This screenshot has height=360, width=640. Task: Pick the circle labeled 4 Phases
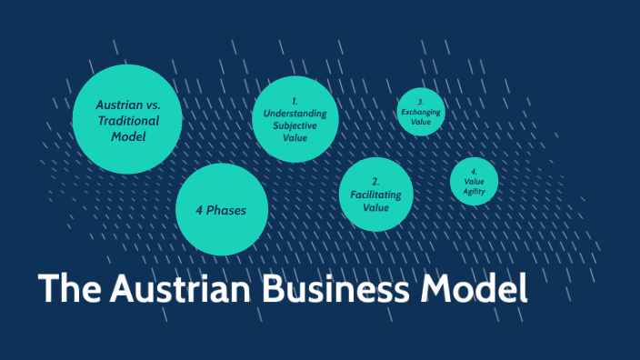222,210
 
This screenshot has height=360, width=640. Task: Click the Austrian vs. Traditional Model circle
127,119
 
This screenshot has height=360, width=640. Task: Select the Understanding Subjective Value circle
295,119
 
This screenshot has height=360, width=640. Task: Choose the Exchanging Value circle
421,112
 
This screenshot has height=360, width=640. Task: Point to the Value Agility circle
474,182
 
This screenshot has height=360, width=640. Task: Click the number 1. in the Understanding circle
295,100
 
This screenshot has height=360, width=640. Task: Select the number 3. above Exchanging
421,102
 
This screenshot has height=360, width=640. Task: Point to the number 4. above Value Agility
474,171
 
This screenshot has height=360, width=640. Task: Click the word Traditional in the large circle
127,120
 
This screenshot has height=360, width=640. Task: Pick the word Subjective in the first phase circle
295,125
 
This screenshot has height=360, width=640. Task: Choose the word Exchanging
421,112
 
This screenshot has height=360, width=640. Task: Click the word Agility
474,192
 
